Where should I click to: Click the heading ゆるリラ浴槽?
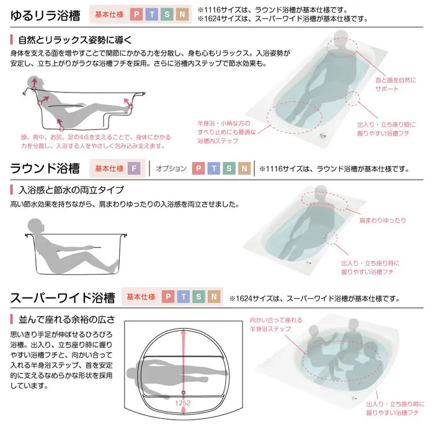click(45, 15)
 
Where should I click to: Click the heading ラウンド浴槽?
click(45, 168)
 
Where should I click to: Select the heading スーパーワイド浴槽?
click(63, 298)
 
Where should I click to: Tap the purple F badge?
click(134, 168)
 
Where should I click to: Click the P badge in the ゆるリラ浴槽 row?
click(136, 14)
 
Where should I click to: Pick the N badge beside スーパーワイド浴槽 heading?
click(214, 296)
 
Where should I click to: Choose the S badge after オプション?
click(229, 168)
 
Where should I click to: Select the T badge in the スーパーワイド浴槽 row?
click(184, 296)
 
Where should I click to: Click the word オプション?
click(171, 168)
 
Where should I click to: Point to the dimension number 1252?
click(183, 403)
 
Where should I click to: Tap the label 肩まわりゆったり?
click(383, 220)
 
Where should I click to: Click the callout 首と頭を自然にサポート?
click(396, 84)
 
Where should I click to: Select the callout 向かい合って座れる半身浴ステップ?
click(276, 324)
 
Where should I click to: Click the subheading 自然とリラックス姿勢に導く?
click(75, 40)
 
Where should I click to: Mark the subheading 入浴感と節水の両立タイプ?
click(71, 190)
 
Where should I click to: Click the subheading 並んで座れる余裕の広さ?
click(67, 320)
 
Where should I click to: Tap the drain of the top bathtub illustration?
click(322, 135)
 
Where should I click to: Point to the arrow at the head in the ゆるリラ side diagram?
click(34, 82)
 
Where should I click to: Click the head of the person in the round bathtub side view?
click(35, 226)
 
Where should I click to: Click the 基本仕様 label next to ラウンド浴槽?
click(109, 168)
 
